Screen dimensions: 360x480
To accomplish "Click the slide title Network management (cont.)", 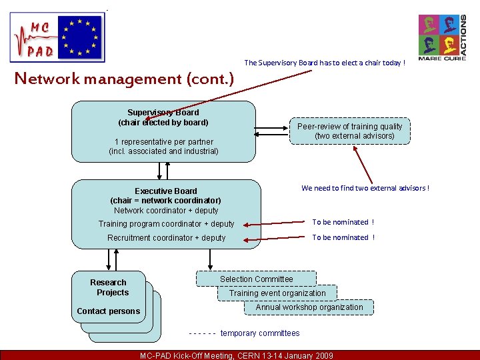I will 125,79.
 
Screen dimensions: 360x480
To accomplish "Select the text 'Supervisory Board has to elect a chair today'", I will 325,63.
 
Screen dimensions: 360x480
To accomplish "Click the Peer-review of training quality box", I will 350,131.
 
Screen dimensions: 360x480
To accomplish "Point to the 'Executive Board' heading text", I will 166,191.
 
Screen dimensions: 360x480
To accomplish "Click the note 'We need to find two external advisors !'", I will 365,188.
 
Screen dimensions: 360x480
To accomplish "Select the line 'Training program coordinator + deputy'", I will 167,224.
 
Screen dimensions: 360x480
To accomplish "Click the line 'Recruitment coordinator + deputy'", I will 167,238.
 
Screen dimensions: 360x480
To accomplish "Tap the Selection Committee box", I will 257,279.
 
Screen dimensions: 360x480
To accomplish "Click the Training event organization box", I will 277,293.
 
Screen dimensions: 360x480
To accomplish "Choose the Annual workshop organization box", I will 309,307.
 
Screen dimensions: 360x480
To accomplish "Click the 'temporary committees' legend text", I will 260,333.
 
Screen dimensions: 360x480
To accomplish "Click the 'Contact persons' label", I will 109,311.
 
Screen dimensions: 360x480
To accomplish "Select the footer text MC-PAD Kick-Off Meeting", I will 237,355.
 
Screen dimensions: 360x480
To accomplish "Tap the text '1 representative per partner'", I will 163,142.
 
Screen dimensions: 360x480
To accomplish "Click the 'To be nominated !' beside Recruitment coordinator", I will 343,237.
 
